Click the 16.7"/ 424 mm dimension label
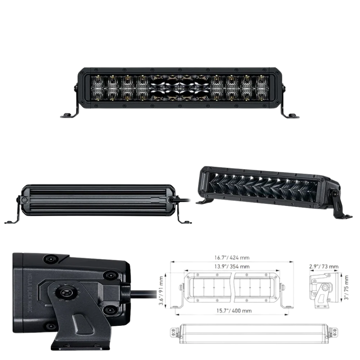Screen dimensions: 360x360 [232, 258]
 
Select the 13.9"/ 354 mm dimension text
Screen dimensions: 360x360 [232, 266]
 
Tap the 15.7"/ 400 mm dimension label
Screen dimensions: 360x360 [234, 311]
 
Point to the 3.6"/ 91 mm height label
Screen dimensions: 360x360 [161, 291]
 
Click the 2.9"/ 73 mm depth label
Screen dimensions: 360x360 [324, 266]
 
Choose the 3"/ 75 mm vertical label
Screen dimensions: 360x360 [346, 287]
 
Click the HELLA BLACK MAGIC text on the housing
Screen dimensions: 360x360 [30, 292]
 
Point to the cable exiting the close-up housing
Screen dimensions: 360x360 [144, 294]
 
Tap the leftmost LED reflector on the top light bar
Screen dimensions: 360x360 [97, 88]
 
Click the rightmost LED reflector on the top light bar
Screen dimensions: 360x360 [262, 88]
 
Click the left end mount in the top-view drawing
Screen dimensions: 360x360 [174, 332]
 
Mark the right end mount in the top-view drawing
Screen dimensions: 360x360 [334, 332]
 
